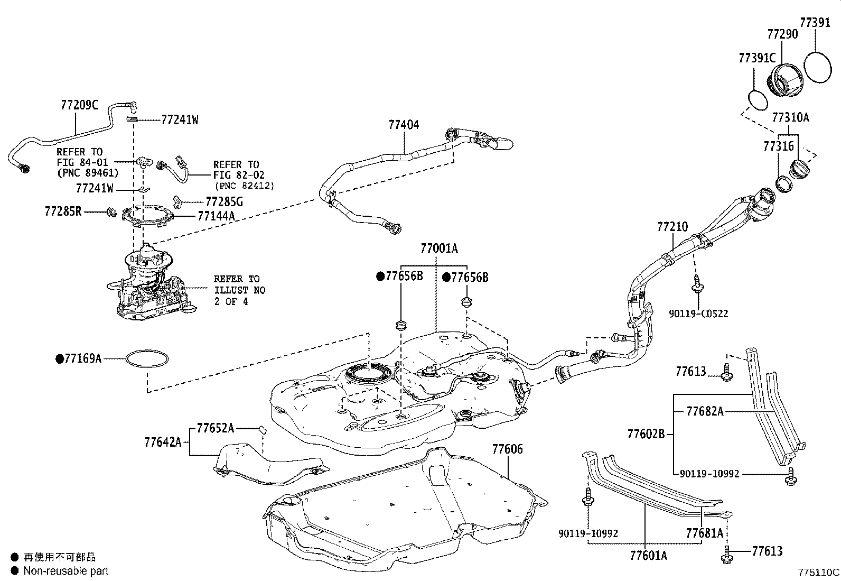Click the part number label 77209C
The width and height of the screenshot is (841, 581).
[x=80, y=105]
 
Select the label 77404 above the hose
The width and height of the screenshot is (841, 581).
[x=404, y=124]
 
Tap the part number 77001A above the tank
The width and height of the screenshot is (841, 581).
[x=439, y=248]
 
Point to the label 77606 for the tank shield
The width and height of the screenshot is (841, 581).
[x=507, y=449]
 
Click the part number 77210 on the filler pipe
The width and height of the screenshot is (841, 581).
[x=672, y=227]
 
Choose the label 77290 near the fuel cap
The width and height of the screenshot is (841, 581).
[x=782, y=34]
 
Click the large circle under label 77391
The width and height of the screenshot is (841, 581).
[x=817, y=67]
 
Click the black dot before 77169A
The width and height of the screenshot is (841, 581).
[x=59, y=359]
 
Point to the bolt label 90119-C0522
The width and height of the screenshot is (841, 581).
[x=698, y=313]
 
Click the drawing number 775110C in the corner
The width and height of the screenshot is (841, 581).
[x=818, y=572]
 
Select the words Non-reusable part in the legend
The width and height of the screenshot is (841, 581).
[x=66, y=571]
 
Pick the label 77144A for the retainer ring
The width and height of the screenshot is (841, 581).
[x=216, y=216]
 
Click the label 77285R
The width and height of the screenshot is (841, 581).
[x=63, y=211]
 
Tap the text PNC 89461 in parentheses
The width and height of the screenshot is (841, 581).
[x=88, y=173]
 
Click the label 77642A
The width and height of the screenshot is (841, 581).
[x=163, y=442]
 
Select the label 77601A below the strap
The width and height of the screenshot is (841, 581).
[x=648, y=555]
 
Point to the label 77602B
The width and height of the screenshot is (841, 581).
[x=646, y=434]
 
